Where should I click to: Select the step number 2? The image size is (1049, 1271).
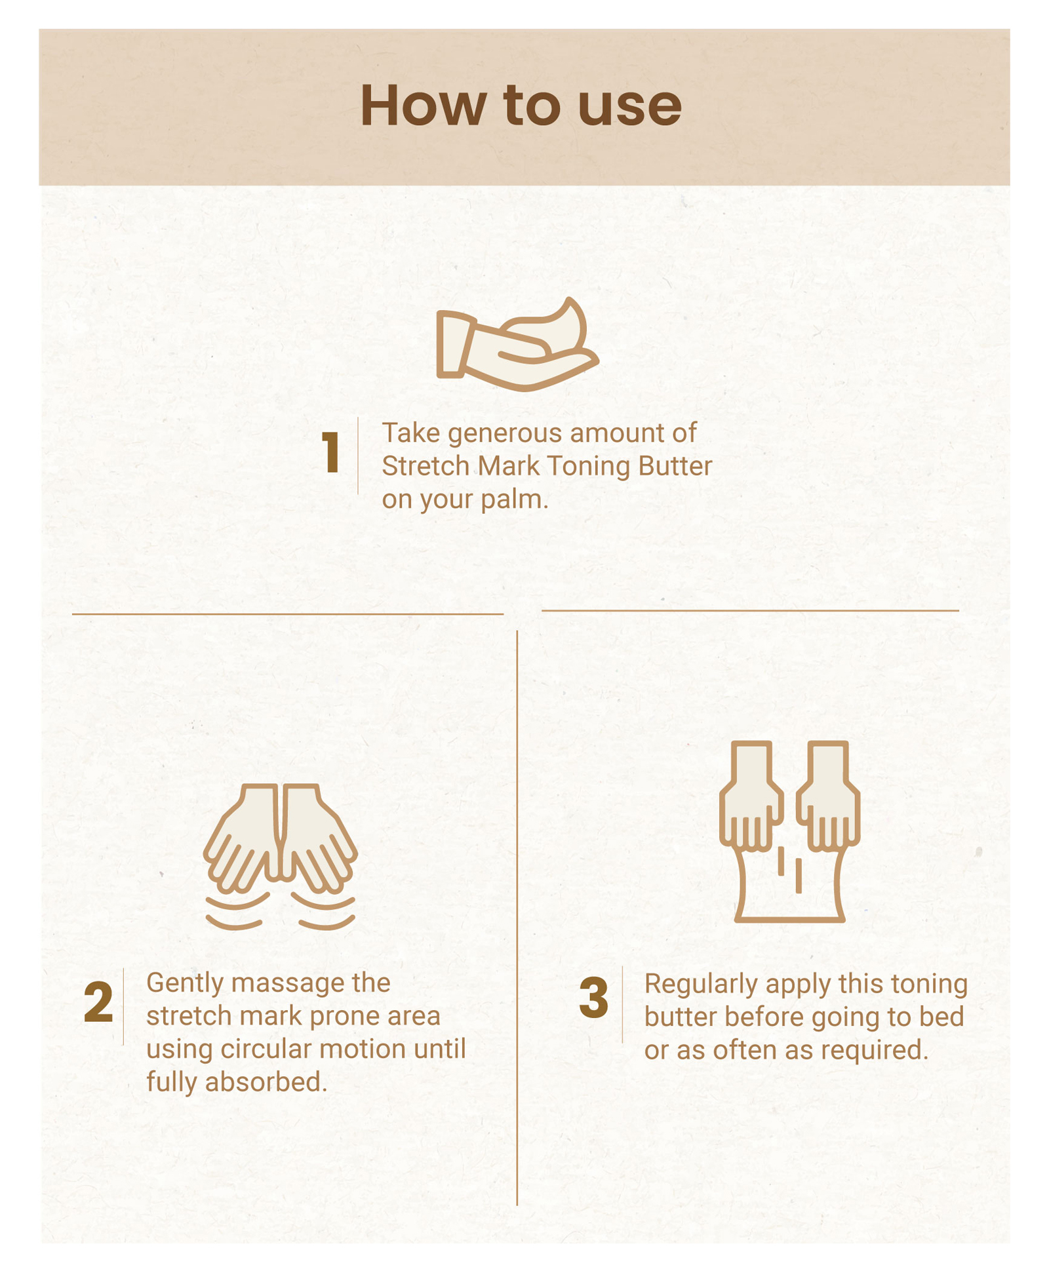coord(98,1002)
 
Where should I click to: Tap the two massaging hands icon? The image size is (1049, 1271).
coord(281,857)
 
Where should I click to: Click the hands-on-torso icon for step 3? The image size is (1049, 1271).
coord(789,831)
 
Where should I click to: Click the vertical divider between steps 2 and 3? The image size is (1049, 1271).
coord(517,918)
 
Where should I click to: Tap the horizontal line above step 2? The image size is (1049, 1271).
coord(288,614)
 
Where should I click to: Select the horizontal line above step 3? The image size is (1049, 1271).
coord(750,610)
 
